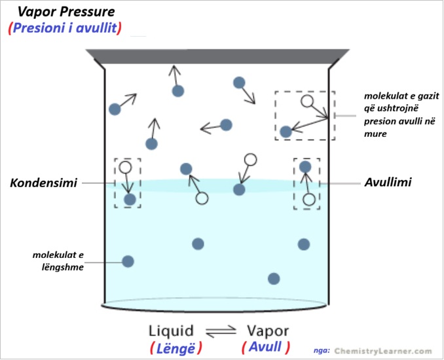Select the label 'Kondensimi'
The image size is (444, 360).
point(43,183)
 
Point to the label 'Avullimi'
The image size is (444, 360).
point(388,183)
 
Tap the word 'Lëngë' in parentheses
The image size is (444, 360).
point(176,347)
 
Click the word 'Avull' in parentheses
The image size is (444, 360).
point(267,347)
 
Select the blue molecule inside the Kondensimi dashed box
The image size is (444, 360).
point(130,199)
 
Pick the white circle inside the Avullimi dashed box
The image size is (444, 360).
point(308,198)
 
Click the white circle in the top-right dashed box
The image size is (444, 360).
point(306,101)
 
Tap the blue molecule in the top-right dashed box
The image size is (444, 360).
point(286,132)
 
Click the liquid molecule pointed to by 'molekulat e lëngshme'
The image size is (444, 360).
point(128,261)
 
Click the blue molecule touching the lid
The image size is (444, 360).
point(177,91)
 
